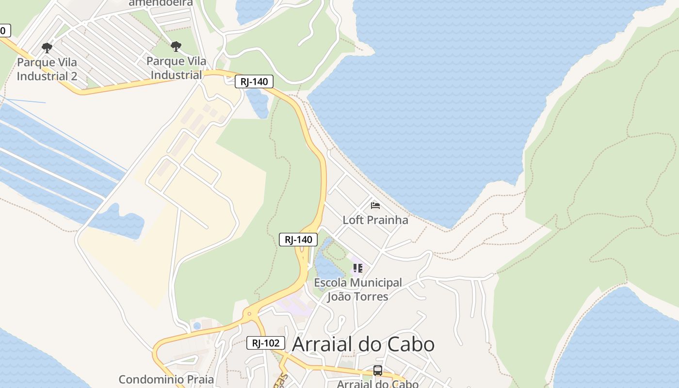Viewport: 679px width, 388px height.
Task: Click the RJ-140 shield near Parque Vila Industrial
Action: tap(254, 81)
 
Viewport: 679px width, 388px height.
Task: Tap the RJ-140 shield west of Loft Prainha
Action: tap(298, 239)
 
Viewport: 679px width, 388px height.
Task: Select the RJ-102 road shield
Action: tap(265, 343)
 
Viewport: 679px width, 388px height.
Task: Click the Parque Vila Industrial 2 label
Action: tap(47, 69)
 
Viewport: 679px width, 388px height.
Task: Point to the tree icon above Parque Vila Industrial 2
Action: tap(47, 48)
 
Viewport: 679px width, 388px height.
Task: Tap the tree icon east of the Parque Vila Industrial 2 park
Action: tap(176, 47)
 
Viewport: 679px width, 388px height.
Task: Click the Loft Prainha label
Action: tap(375, 220)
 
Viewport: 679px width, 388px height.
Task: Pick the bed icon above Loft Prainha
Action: tap(375, 206)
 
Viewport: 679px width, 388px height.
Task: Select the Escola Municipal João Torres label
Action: tap(358, 289)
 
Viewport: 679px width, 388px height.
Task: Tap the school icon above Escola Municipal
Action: tap(358, 268)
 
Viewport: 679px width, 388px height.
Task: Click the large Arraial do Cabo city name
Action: tap(363, 344)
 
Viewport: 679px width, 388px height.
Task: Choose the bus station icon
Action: tap(378, 371)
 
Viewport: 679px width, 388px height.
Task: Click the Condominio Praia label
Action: tap(166, 379)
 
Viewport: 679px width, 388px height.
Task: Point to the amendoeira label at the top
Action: tap(161, 3)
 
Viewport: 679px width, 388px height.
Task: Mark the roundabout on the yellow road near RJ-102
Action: tap(250, 314)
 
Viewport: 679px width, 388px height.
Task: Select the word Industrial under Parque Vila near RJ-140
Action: tap(177, 75)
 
